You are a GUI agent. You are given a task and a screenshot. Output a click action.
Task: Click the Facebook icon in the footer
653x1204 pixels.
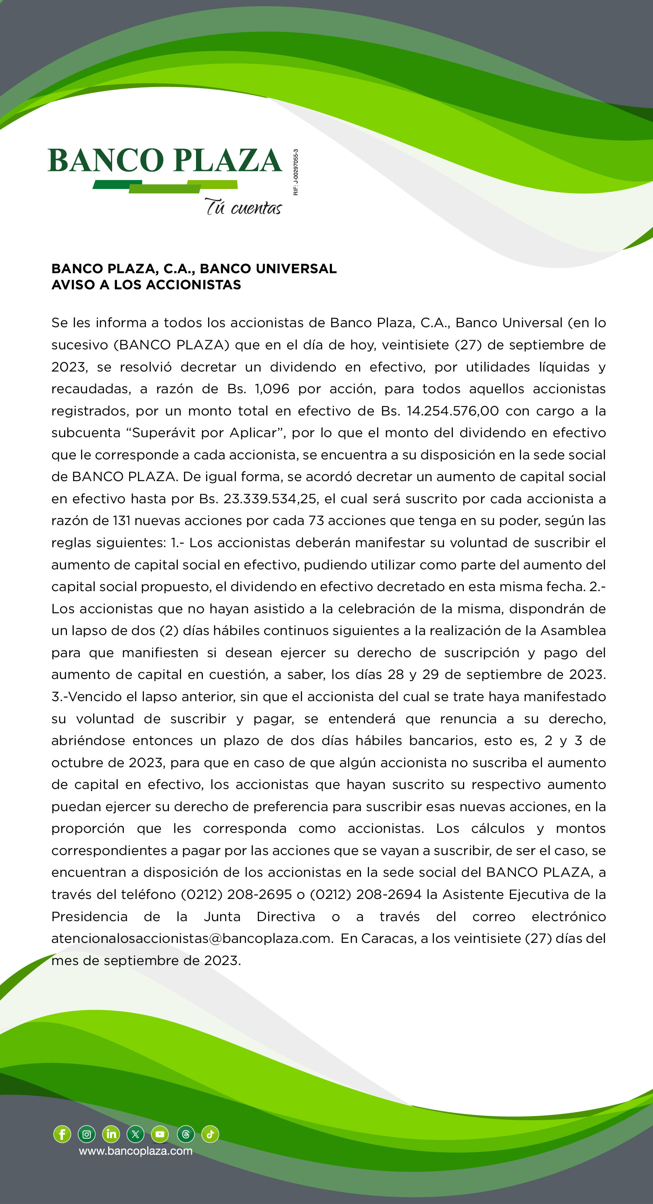click(x=62, y=1134)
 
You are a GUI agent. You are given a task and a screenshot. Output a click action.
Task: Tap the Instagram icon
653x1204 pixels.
click(x=87, y=1134)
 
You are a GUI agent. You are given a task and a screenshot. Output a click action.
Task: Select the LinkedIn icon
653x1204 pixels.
click(x=111, y=1134)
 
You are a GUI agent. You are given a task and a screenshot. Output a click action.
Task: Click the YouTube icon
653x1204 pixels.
click(x=160, y=1134)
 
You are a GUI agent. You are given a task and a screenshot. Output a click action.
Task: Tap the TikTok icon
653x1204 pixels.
click(x=210, y=1134)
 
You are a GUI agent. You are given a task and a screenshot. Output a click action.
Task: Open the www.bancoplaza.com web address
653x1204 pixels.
click(x=136, y=1151)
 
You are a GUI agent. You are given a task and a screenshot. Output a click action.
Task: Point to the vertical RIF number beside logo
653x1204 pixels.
click(x=296, y=172)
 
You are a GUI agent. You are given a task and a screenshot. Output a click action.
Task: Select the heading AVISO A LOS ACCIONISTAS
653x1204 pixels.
click(x=146, y=284)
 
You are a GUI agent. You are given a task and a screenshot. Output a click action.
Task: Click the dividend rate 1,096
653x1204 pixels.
click(x=272, y=389)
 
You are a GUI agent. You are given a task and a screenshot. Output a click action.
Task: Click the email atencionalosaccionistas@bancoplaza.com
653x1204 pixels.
click(x=191, y=938)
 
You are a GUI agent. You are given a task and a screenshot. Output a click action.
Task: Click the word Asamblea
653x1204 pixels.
click(x=573, y=631)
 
